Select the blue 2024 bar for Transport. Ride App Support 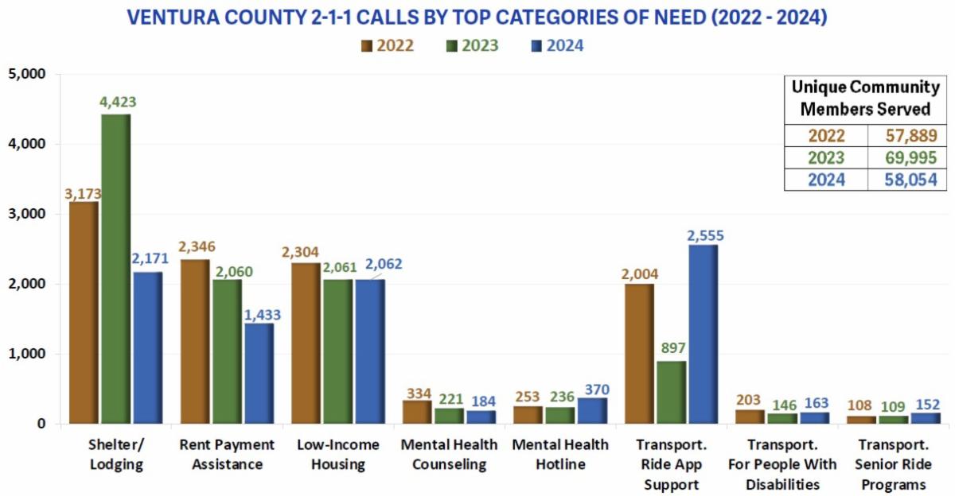coord(703,334)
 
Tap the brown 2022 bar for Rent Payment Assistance coord(195,342)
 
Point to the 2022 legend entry coord(388,45)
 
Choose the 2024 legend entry coord(556,45)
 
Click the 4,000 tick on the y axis coord(29,144)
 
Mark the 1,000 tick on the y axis coord(29,354)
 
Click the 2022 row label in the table coord(825,136)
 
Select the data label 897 coord(671,348)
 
